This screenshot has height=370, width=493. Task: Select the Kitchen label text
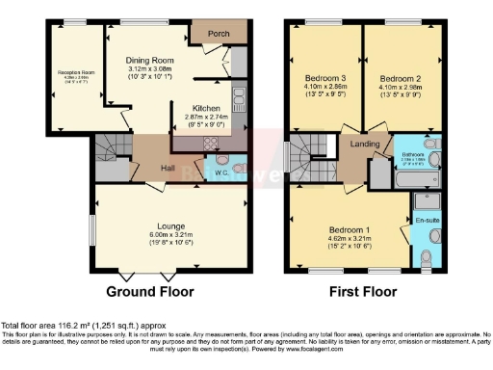(207, 108)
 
